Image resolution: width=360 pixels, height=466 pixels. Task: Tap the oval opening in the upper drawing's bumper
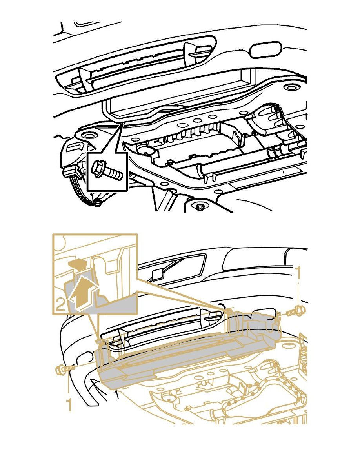point(265,50)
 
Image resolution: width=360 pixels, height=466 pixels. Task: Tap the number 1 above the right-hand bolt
point(298,273)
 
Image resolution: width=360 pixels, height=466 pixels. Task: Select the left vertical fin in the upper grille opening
point(85,80)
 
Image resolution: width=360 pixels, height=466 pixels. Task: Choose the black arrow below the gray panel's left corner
point(117,394)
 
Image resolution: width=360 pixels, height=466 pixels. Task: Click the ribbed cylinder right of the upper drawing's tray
point(275,151)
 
